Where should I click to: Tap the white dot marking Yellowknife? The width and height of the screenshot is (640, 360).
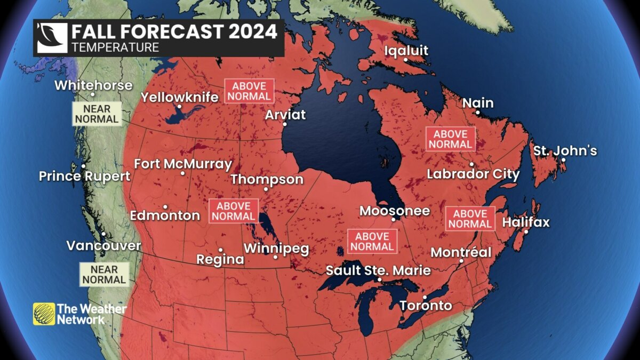[x=180, y=107]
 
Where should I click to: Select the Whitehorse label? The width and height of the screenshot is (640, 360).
[x=93, y=85]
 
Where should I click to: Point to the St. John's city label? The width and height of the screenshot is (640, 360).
[x=565, y=151]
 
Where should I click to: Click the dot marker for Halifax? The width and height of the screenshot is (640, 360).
[x=526, y=231]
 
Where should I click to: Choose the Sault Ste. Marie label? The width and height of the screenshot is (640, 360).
[x=378, y=270]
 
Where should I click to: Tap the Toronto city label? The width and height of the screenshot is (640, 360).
[x=426, y=306]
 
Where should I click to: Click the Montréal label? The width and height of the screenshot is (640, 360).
[x=461, y=252]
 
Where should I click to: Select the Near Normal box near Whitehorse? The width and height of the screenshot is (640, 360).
[x=97, y=114]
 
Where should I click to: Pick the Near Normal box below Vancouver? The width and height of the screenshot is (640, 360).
[x=104, y=274]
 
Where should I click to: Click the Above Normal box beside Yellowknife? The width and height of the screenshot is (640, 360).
[x=249, y=91]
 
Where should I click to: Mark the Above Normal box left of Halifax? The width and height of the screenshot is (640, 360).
[x=470, y=219]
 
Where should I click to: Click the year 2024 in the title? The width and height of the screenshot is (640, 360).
[x=253, y=31]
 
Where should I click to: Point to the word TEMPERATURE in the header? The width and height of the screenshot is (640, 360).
[x=115, y=47]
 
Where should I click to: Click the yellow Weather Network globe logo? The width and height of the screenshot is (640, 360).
[x=44, y=314]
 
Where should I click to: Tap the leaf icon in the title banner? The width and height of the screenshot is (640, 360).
[x=52, y=38]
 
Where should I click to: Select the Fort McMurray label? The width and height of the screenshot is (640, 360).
[x=183, y=164]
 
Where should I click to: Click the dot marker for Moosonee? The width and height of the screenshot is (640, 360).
[x=394, y=219]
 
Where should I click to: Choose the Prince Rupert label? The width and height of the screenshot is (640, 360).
[x=84, y=176]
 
